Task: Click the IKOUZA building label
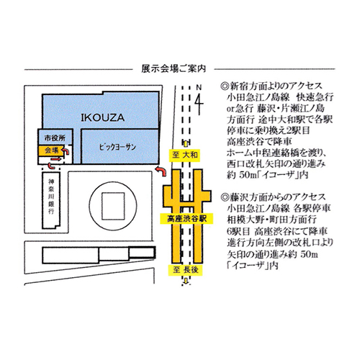tap(102, 117)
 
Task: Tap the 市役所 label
tap(55, 138)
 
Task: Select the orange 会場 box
tap(52, 150)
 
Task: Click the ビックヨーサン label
tap(117, 147)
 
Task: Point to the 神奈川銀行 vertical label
tap(51, 197)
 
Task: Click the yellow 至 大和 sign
tap(184, 155)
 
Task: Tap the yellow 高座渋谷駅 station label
tap(186, 219)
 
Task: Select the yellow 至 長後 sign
tap(185, 270)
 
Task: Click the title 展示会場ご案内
tap(174, 69)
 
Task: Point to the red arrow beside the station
tap(161, 171)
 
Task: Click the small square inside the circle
tap(113, 206)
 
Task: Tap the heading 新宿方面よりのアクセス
tap(271, 86)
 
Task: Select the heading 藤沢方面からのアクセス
tap(273, 197)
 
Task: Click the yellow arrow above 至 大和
tap(186, 144)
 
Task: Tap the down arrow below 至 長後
tap(186, 281)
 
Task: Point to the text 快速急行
tap(315, 97)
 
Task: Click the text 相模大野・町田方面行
tap(272, 220)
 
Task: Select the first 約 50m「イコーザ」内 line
tap(267, 175)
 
